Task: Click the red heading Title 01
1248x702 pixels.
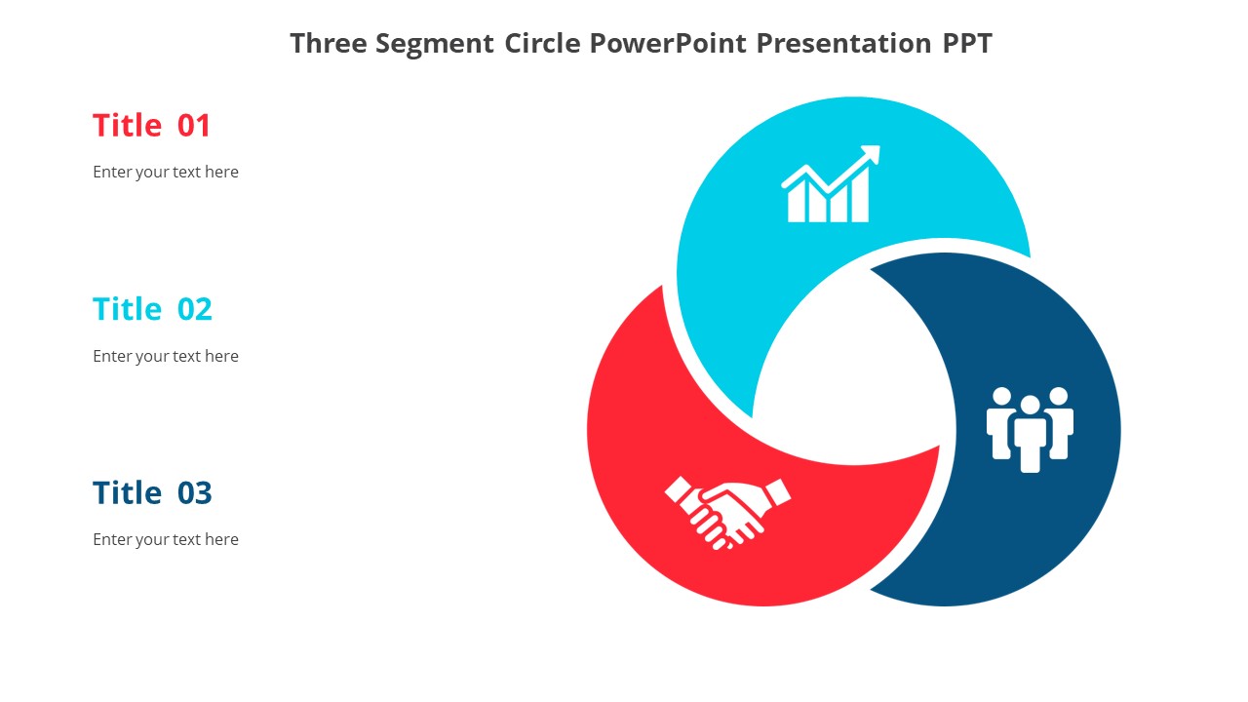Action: point(151,126)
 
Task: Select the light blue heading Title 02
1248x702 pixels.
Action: point(152,309)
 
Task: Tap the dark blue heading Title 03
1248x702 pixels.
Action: point(152,493)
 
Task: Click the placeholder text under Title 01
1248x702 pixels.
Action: point(166,173)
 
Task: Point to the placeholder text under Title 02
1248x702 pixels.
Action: point(166,357)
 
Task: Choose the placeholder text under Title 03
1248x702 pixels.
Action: point(166,540)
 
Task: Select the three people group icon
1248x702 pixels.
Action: point(1030,429)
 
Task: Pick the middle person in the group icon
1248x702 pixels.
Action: point(1030,434)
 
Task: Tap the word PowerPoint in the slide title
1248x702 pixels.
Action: point(669,44)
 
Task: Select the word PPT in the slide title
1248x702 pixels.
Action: point(966,44)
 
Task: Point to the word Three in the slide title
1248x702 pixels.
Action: point(329,44)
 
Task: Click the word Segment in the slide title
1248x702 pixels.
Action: point(436,44)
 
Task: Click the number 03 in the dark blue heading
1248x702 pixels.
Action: point(195,493)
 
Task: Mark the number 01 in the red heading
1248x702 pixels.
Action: point(194,126)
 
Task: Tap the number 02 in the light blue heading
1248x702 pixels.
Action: point(195,309)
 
